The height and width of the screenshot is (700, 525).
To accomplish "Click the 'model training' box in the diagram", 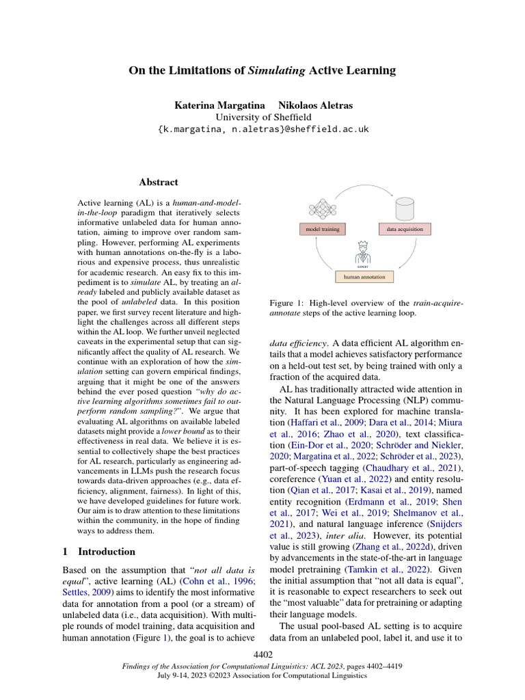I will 323,229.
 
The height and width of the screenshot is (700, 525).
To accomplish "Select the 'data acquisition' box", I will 405,229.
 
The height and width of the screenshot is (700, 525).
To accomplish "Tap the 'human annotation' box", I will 364,277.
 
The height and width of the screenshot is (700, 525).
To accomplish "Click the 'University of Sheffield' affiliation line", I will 262,118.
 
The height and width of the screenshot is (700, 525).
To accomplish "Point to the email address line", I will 262,129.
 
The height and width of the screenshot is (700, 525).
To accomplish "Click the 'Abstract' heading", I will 158,183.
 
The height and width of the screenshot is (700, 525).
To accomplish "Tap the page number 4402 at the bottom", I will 262,655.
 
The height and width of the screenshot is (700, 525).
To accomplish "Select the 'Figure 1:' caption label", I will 289,303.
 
